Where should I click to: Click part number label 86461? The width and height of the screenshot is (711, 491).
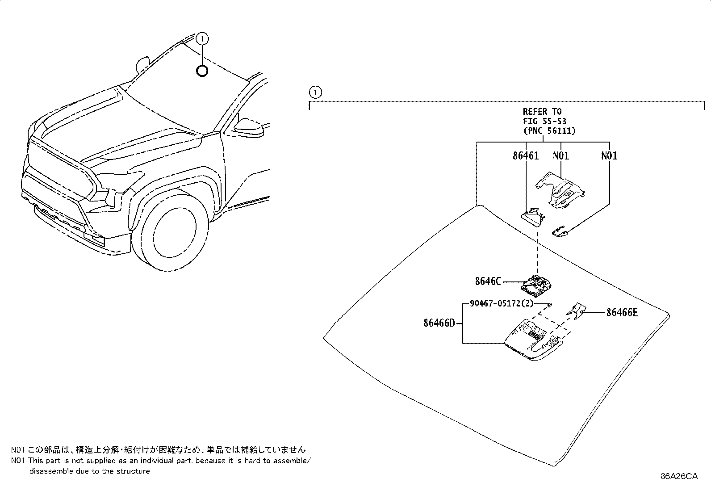tap(525, 156)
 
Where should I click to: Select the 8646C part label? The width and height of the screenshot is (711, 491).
tap(488, 281)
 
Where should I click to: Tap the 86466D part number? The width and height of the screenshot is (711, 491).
tap(439, 323)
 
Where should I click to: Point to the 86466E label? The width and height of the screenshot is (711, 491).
tap(622, 313)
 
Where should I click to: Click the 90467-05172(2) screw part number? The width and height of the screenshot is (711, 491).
tap(501, 304)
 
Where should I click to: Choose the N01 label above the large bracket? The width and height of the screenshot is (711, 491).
tap(561, 156)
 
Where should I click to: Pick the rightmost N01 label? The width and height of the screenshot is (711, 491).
tap(609, 156)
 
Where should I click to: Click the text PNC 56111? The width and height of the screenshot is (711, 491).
tap(549, 131)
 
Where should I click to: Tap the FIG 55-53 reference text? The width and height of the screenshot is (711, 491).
tap(544, 121)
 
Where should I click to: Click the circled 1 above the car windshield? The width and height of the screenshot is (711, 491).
tap(203, 39)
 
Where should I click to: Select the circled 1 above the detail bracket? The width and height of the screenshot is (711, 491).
tap(315, 93)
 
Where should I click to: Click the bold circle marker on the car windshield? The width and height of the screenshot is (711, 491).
tap(202, 71)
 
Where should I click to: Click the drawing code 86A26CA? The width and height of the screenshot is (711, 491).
tap(679, 476)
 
